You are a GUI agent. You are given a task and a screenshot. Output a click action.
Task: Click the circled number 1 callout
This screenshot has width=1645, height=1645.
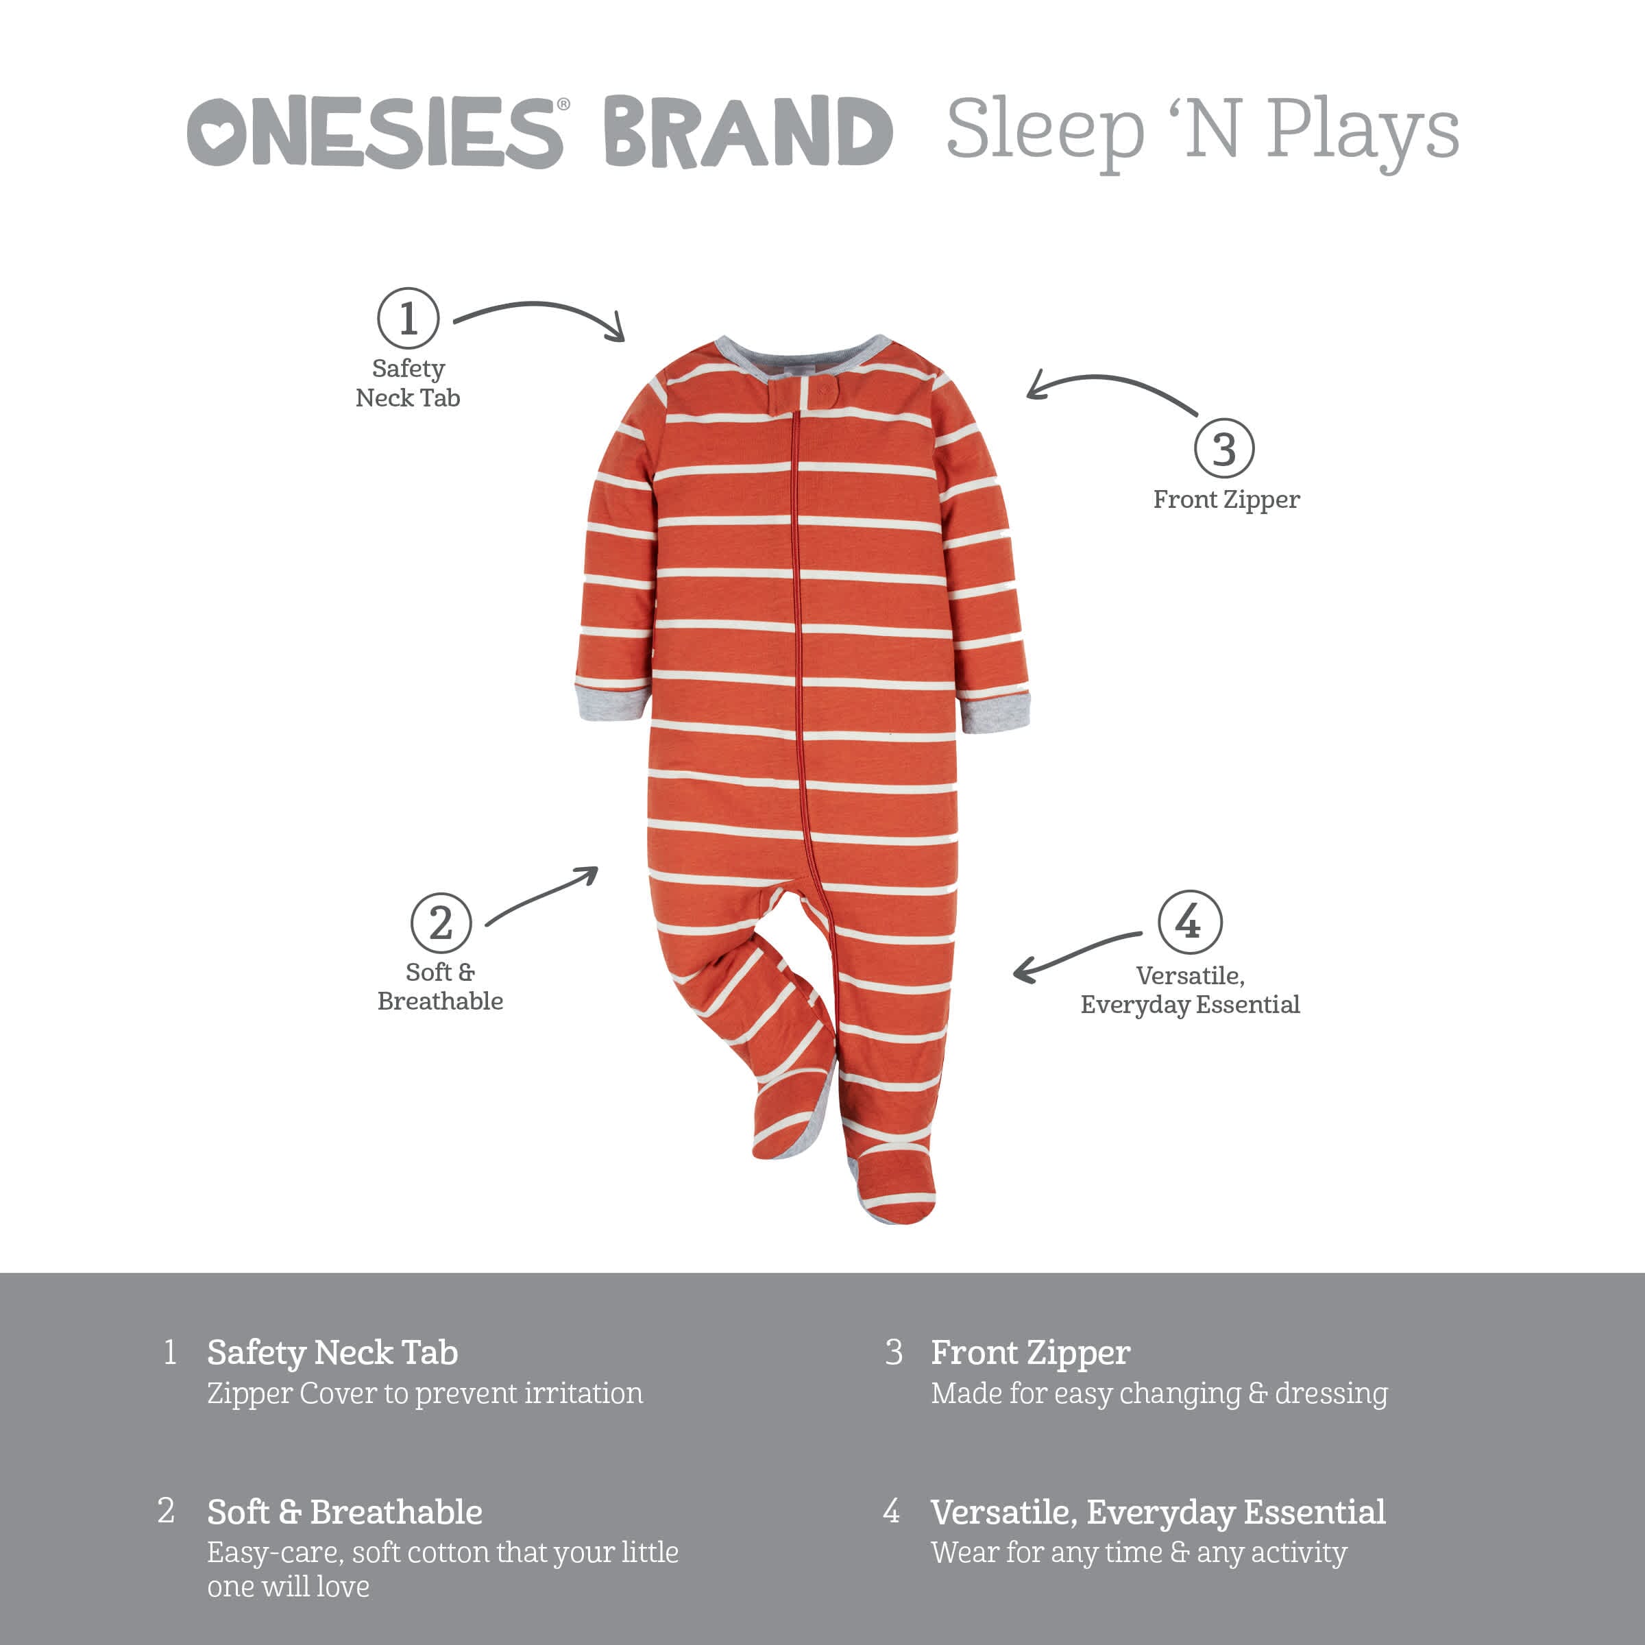click(408, 319)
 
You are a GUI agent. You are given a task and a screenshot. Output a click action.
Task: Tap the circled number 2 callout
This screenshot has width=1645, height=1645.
click(440, 923)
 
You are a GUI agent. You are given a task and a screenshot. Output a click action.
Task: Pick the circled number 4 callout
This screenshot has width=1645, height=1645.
click(1189, 921)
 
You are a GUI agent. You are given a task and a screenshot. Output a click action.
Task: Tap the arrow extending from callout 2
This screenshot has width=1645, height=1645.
click(542, 894)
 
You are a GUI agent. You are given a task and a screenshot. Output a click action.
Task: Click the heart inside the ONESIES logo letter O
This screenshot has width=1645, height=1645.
click(217, 133)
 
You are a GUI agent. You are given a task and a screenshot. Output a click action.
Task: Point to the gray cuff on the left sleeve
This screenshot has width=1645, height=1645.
click(611, 703)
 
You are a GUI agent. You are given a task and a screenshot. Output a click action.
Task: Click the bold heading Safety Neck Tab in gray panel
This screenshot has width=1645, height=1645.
click(332, 1352)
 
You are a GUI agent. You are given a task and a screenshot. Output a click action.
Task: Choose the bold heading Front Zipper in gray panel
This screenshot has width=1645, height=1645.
click(1030, 1352)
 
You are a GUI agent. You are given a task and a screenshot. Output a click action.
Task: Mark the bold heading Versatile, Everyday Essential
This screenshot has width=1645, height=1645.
click(1158, 1512)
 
